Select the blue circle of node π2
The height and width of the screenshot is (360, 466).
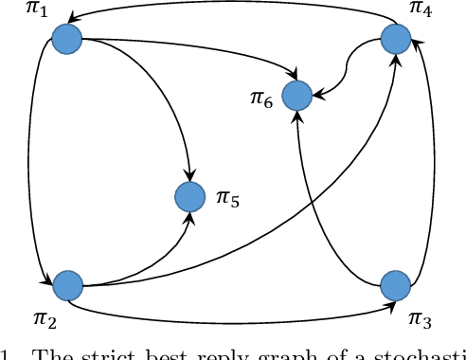tap(67, 284)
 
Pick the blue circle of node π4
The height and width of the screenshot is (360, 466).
tap(395, 39)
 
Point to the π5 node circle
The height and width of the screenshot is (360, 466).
tap(190, 197)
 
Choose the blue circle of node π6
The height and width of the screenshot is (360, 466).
tap(297, 95)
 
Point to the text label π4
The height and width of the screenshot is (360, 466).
tap(421, 11)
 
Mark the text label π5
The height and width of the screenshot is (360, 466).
tap(228, 198)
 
